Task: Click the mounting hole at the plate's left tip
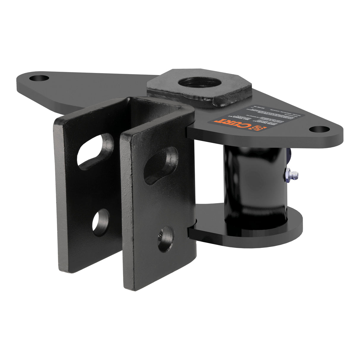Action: click(x=40, y=79)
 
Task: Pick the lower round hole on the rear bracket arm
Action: click(x=101, y=222)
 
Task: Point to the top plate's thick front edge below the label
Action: click(x=267, y=139)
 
